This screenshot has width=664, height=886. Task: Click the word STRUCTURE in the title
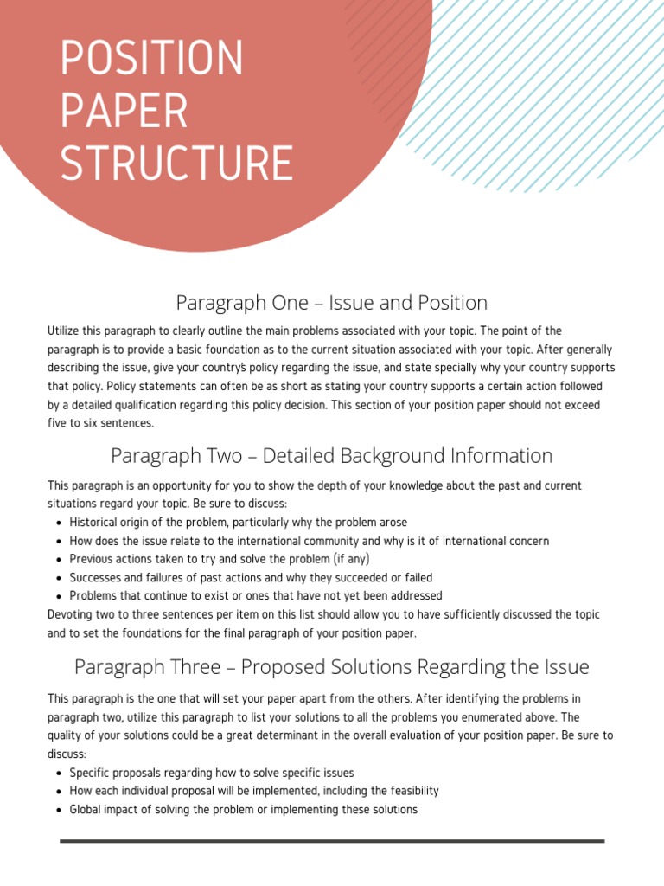176,164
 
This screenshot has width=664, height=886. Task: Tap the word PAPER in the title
124,112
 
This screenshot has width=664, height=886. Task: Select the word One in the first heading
288,303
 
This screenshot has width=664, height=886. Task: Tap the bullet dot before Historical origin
58,523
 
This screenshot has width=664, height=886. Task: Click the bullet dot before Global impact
58,811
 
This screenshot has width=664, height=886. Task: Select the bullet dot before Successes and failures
58,578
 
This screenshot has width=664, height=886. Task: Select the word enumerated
504,717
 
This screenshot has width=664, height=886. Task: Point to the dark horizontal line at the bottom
332,841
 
